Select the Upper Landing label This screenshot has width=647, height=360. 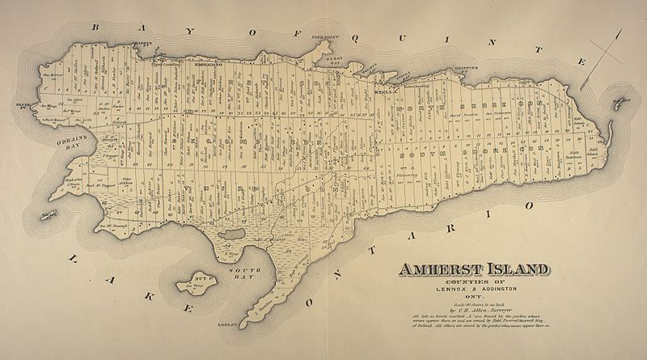pyautogui.click(x=169, y=61)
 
